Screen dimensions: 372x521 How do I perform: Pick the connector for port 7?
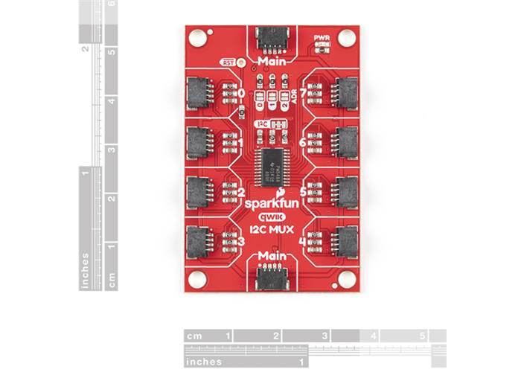pos(345,92)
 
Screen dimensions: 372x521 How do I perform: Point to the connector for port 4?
pos(345,240)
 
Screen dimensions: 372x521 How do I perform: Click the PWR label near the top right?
pos(322,36)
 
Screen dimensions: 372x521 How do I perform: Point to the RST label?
pos(228,62)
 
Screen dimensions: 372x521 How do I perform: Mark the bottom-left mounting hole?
pos(196,279)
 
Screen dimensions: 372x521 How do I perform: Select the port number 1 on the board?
pos(239,142)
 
